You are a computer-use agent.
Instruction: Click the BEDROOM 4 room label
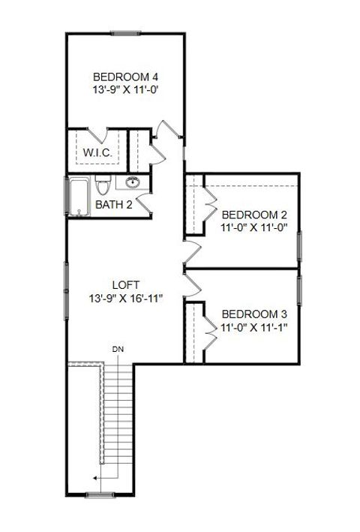click(125, 77)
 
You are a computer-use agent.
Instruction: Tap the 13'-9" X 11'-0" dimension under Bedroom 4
click(125, 89)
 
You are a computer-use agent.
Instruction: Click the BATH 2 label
click(113, 204)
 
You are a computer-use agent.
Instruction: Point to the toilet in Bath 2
click(103, 185)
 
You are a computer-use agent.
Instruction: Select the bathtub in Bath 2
click(79, 196)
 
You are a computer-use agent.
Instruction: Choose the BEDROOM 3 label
click(255, 314)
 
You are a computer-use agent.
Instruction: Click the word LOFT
click(125, 285)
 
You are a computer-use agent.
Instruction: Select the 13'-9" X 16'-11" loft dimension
click(125, 298)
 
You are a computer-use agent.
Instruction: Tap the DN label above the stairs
click(118, 349)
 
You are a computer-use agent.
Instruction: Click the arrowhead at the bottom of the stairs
click(94, 476)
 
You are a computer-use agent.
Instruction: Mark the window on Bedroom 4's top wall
click(125, 32)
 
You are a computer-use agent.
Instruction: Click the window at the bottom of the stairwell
click(99, 494)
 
